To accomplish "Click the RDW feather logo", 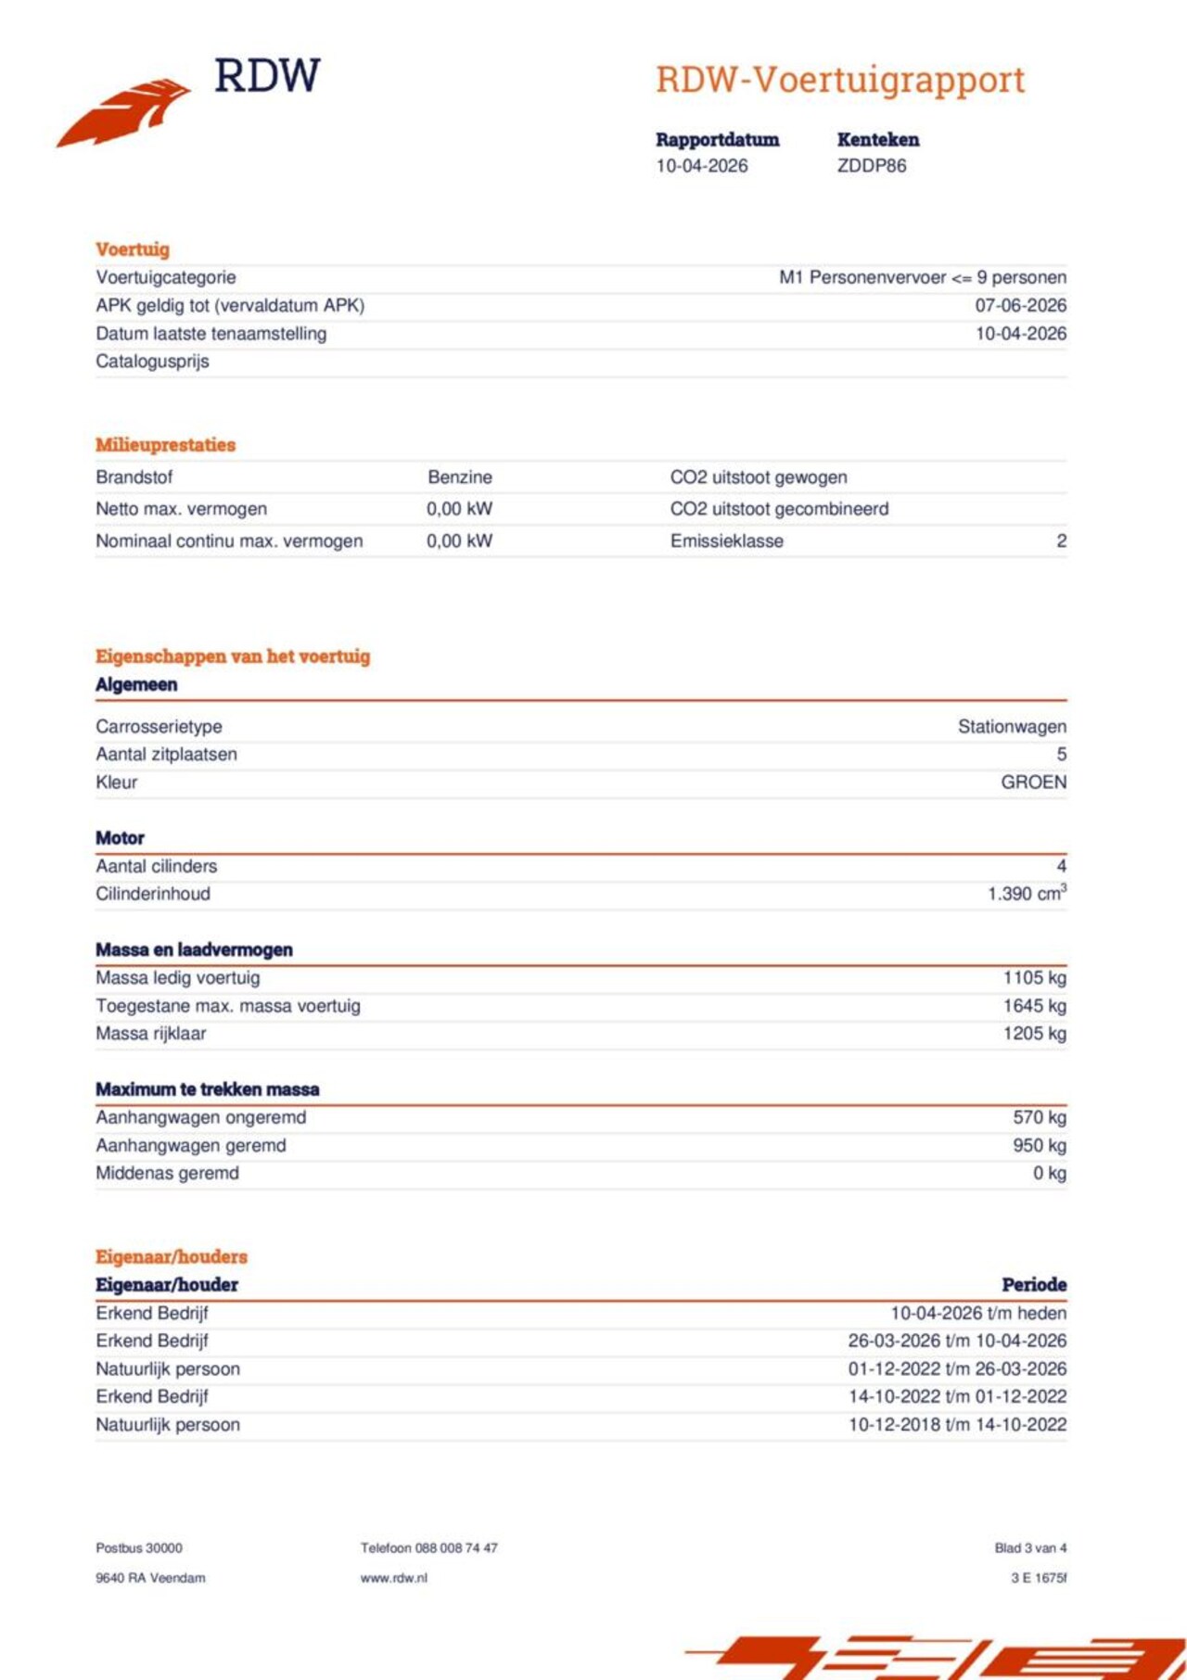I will pos(125,113).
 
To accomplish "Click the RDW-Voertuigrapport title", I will pos(840,80).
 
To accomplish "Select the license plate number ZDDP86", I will pos(872,166).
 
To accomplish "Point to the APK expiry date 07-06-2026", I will pos(1020,305).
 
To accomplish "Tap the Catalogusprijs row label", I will pos(152,362).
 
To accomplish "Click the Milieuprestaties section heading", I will pos(165,445).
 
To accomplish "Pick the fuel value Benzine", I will pos(460,477).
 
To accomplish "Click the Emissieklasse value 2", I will pos(1061,541).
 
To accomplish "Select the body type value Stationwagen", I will pos(1012,727).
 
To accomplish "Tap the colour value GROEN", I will pos(1033,783).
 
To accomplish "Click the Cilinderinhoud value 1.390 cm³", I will pos(1027,894).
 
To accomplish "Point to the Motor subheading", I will pos(120,838).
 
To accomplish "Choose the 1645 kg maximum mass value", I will pos(1034,1006).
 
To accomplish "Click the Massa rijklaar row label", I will pos(150,1034).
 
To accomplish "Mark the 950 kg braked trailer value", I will pos(1039,1146).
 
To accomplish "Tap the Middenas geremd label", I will pos(167,1174).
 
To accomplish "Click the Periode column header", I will pos(1034,1285).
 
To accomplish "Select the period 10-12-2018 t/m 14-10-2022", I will pos(957,1425).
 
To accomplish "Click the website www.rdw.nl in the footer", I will pos(394,1578).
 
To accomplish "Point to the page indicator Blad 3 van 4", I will pos(1030,1548).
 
